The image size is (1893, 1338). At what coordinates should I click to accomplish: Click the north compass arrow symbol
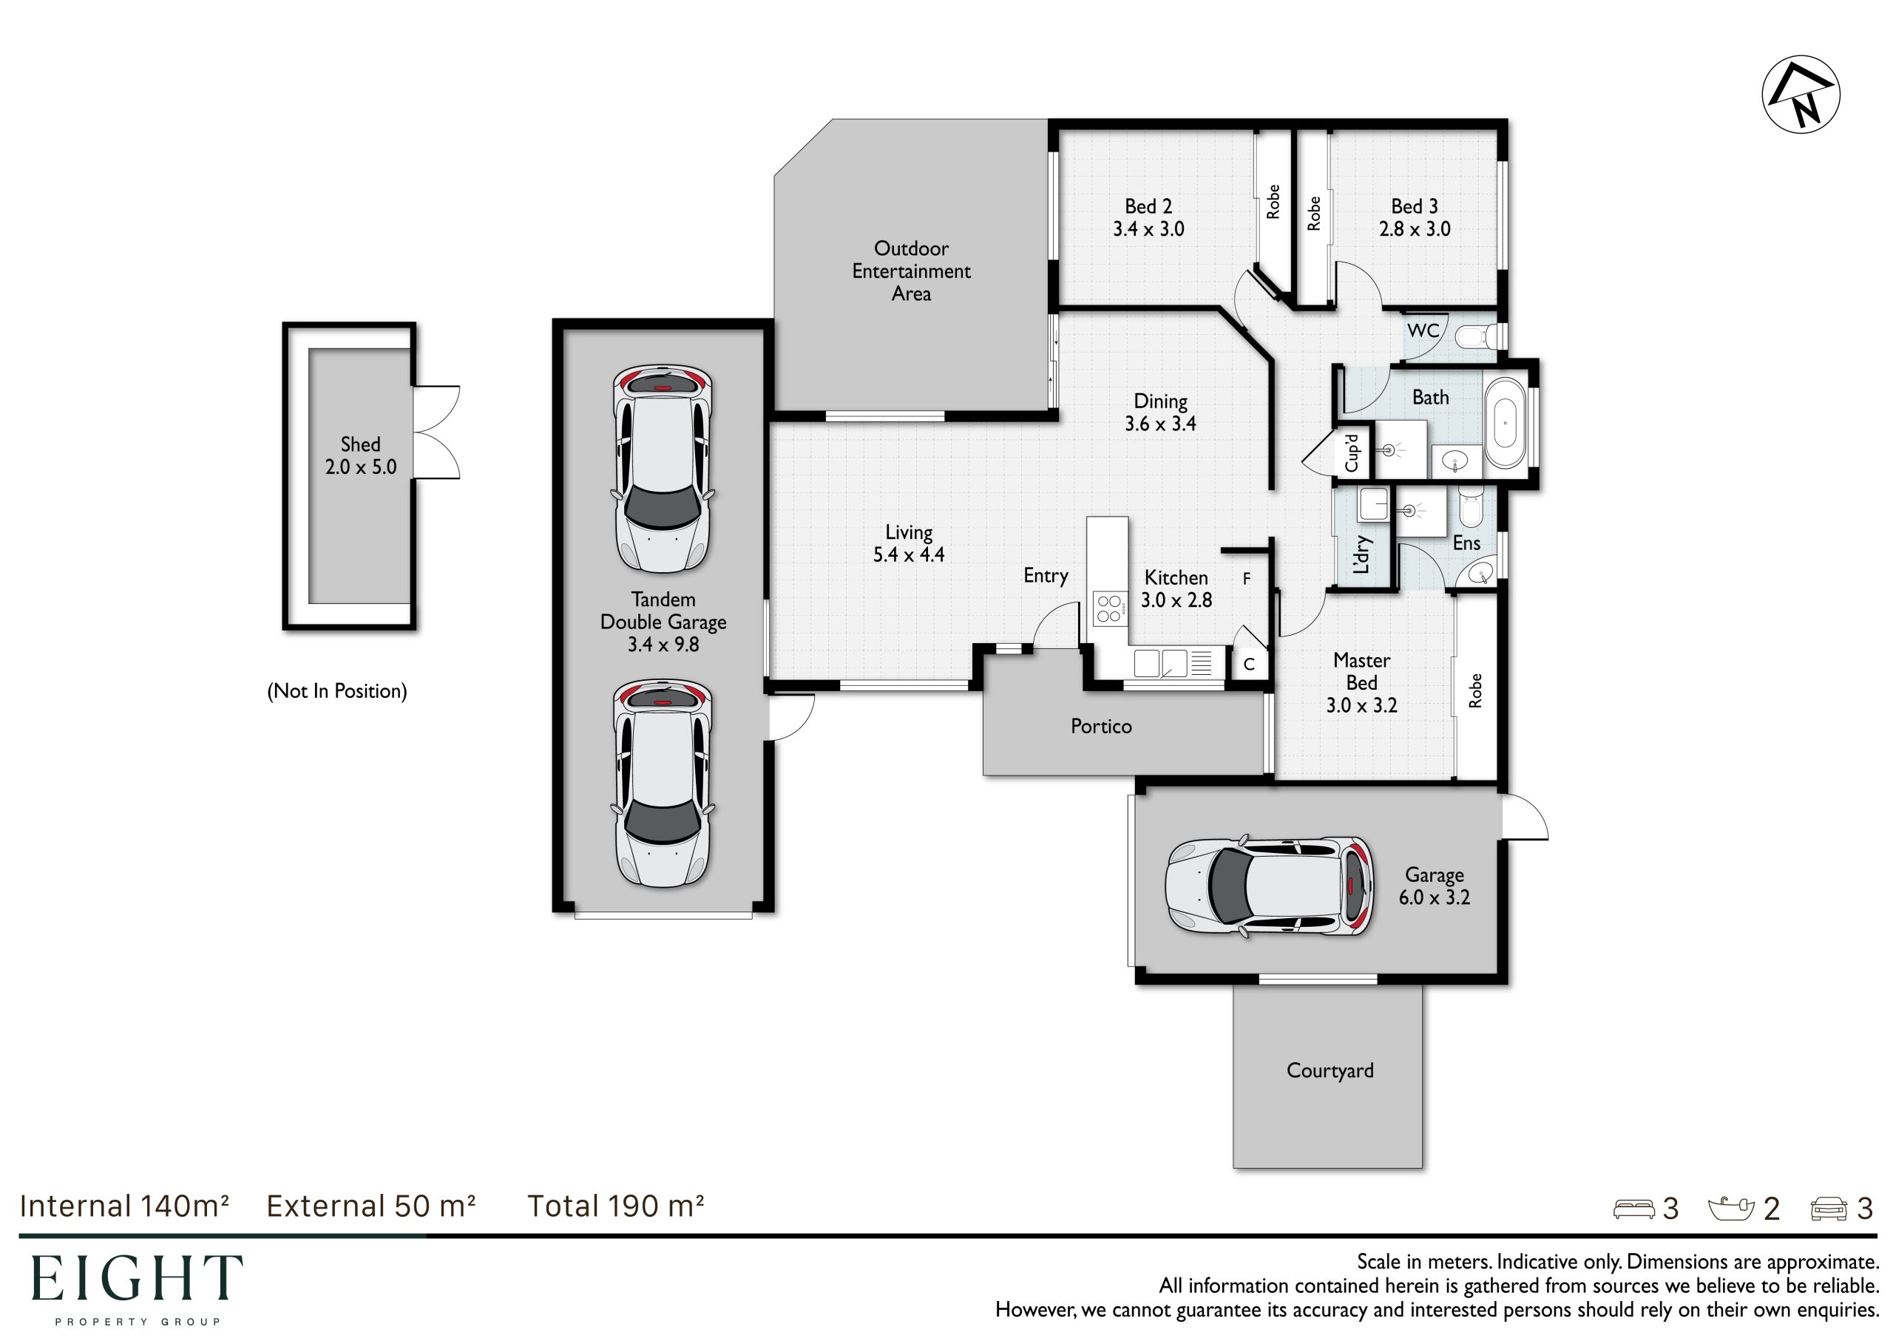[x=1801, y=94]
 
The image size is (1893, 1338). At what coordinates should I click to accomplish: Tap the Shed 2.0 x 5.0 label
[x=360, y=456]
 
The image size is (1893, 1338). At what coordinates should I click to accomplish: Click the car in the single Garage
[x=1270, y=887]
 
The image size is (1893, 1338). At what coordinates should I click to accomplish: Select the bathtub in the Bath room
[x=1505, y=424]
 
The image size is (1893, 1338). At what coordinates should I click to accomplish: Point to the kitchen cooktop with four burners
[x=1109, y=608]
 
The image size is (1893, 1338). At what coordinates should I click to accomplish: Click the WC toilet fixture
[x=1476, y=336]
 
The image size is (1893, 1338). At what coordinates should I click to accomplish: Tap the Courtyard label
[x=1330, y=1071]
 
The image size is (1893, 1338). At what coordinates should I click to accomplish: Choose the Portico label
[x=1101, y=727]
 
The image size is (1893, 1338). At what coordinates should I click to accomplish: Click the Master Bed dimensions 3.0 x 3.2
[x=1361, y=706]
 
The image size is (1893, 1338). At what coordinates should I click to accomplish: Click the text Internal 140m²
[x=124, y=1206]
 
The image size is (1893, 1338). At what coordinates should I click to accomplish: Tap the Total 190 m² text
[x=616, y=1206]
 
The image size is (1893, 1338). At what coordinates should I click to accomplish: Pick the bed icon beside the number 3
[x=1633, y=1209]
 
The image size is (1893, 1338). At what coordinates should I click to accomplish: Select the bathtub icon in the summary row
[x=1731, y=1209]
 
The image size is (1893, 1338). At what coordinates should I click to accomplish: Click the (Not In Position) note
[x=337, y=691]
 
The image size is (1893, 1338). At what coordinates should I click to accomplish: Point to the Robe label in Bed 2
[x=1273, y=201]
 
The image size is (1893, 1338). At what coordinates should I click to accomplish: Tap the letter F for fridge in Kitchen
[x=1247, y=579]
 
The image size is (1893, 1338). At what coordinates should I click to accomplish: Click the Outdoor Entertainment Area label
[x=911, y=271]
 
